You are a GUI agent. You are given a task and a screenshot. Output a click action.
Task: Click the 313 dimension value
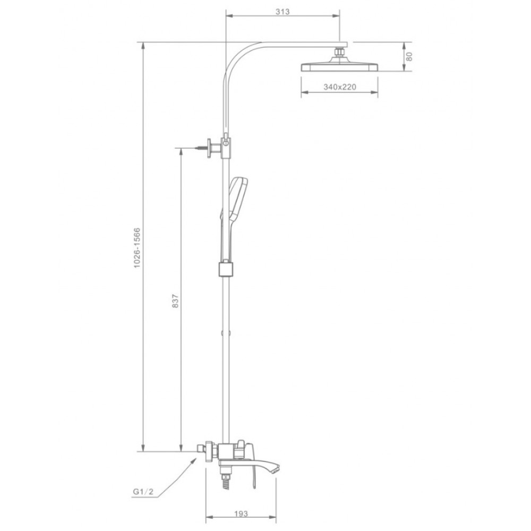282,12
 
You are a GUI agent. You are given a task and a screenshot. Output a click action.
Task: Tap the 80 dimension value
409,56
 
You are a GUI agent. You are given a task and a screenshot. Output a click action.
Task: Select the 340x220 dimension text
340,87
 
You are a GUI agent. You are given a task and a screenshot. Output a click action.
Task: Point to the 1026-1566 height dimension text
137,248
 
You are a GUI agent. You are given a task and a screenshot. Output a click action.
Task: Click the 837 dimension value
175,301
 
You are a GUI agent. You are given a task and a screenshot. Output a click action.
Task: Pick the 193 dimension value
241,513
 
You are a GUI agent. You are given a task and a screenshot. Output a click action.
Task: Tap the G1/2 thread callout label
143,492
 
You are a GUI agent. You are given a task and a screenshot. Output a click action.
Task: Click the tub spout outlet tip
276,469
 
